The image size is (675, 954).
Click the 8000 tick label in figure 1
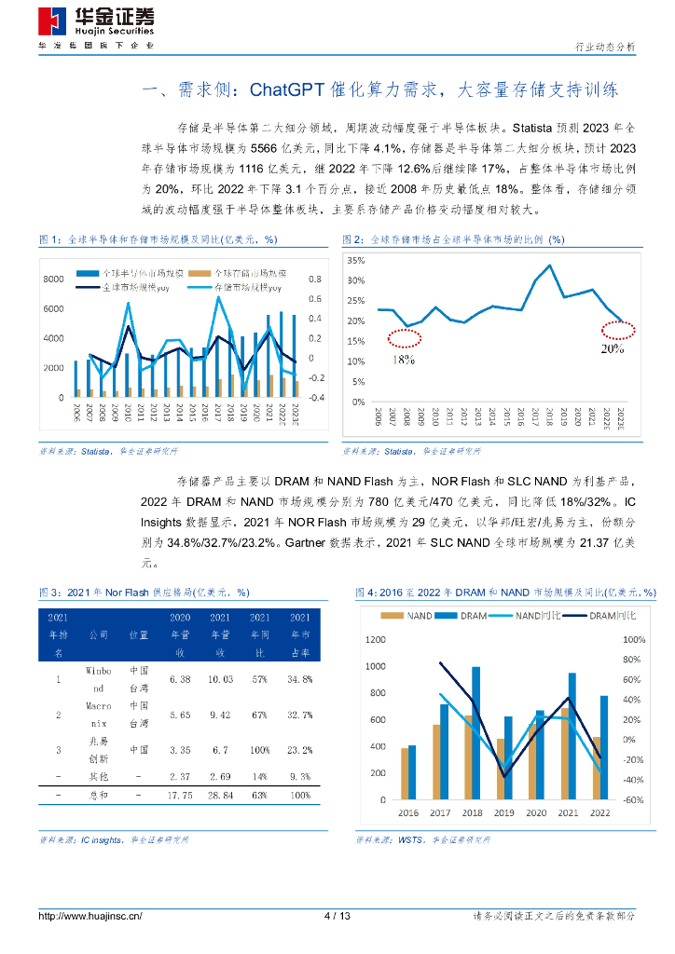click(x=52, y=279)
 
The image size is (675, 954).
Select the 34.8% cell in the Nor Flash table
click(x=300, y=679)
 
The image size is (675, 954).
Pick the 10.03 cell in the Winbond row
click(x=220, y=679)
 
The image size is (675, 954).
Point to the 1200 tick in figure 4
click(x=375, y=639)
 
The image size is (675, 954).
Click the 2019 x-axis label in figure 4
click(x=503, y=812)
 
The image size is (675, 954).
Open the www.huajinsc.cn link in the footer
click(x=90, y=916)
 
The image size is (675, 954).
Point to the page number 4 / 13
click(x=337, y=916)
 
